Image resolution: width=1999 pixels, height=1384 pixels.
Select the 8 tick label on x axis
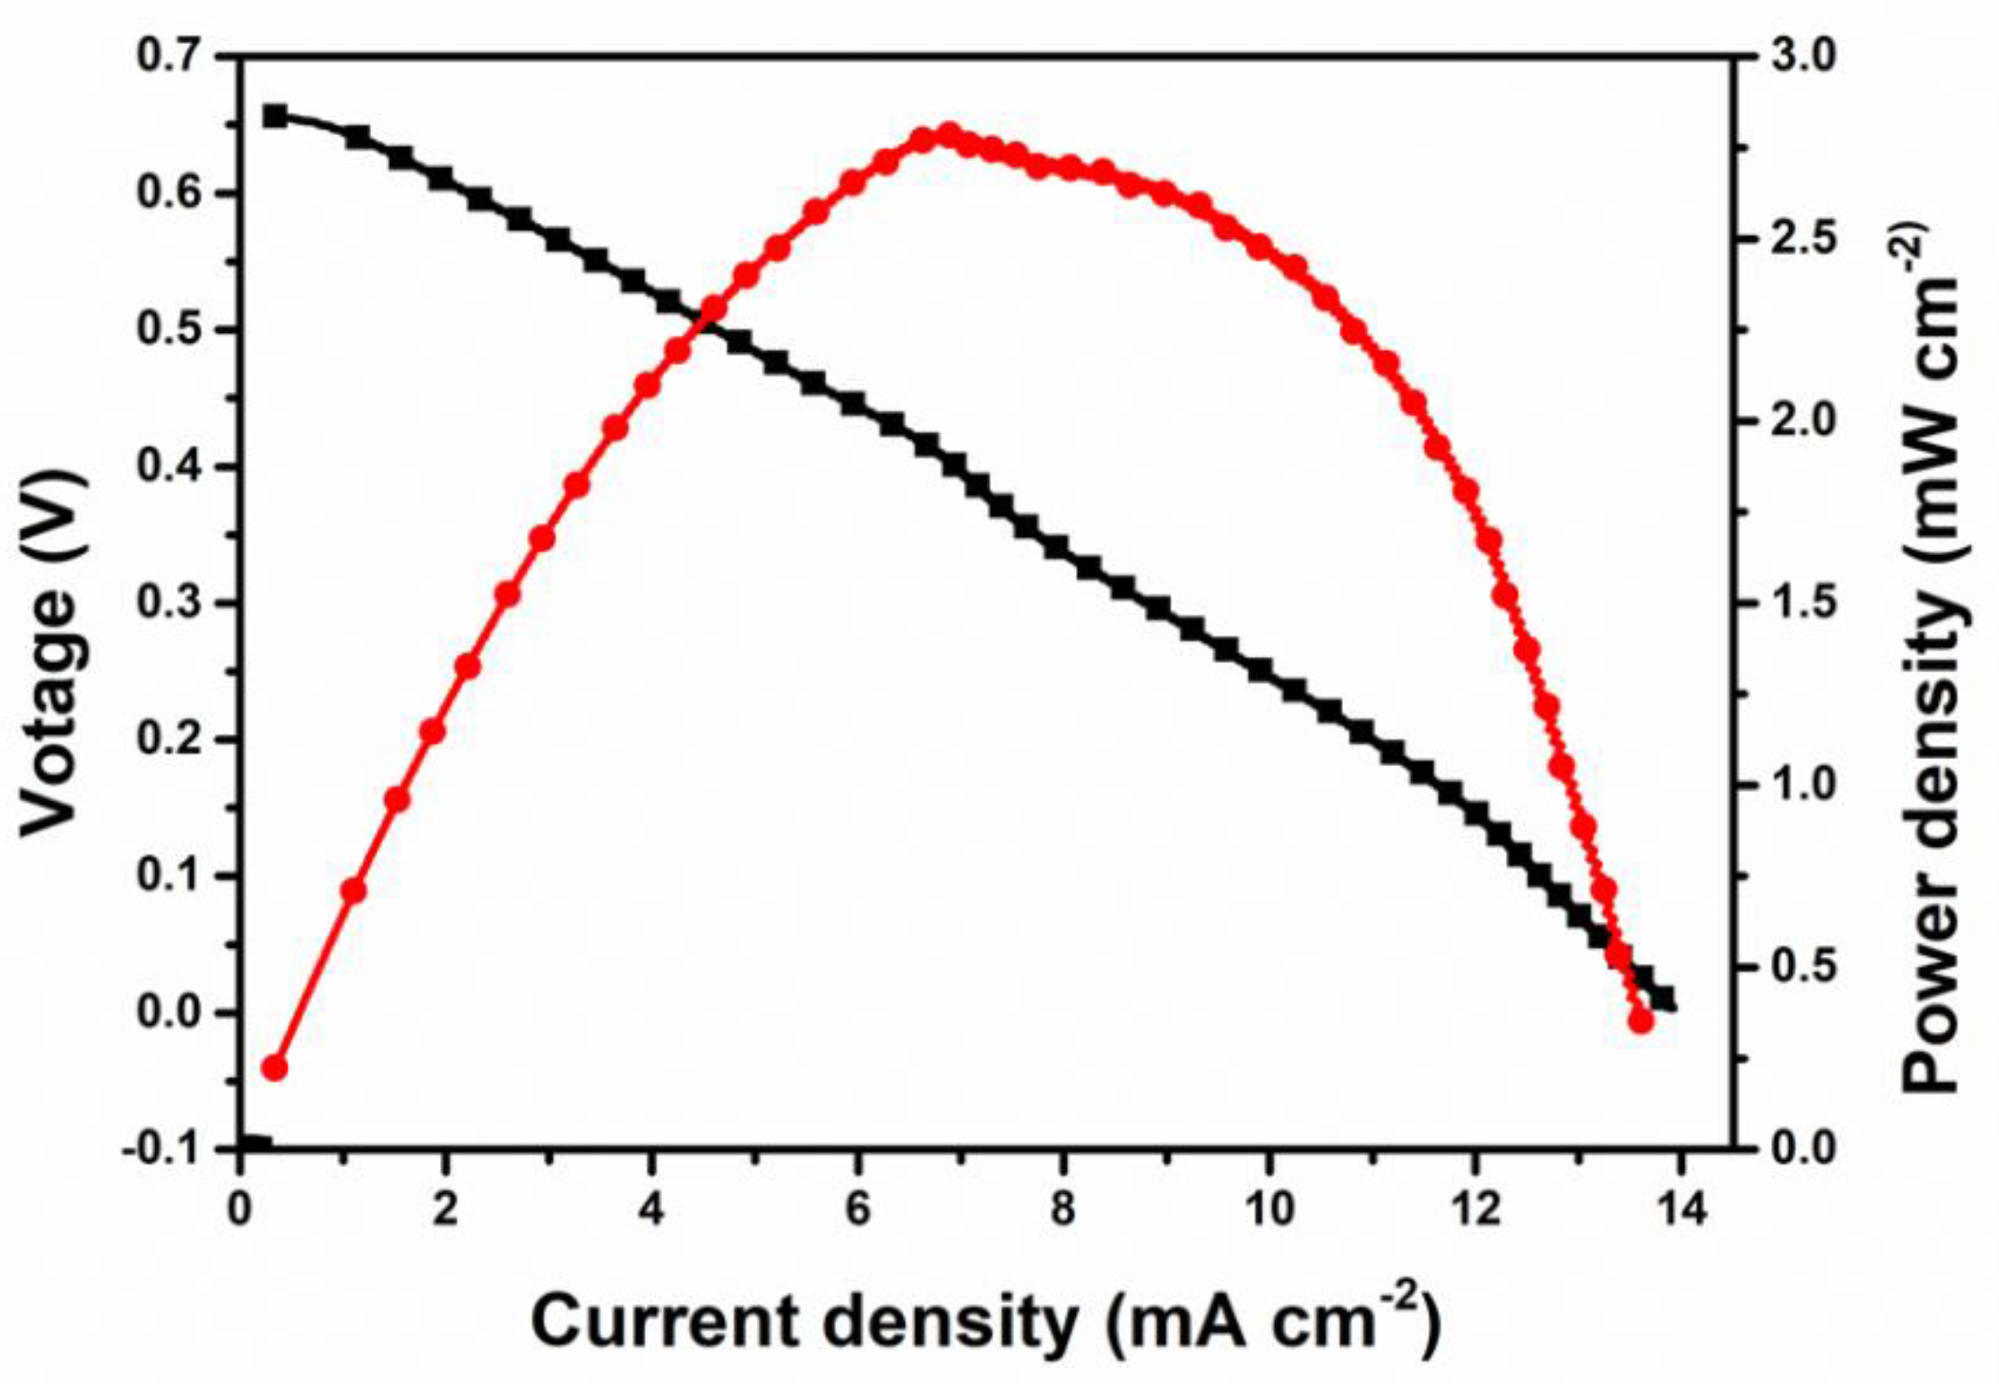[x=1062, y=1208]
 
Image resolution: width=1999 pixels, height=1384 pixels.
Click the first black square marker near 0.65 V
[x=275, y=116]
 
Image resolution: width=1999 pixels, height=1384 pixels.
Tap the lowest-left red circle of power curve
[x=275, y=1067]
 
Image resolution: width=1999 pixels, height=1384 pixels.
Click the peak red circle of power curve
[x=948, y=135]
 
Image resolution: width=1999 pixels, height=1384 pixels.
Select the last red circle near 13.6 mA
[x=1641, y=1021]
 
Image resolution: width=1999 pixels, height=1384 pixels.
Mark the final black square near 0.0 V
[x=1662, y=998]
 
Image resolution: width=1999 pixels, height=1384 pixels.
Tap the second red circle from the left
[x=354, y=890]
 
